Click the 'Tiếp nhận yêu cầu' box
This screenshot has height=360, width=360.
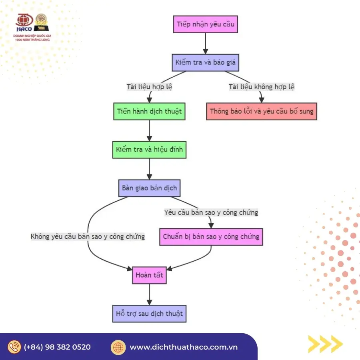[x=206, y=24]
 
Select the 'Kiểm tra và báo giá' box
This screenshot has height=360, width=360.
[x=206, y=62]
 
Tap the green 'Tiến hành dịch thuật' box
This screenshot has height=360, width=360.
[x=149, y=111]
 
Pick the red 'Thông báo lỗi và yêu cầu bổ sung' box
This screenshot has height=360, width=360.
[x=262, y=111]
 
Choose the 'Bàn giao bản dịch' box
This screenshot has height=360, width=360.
[x=149, y=188]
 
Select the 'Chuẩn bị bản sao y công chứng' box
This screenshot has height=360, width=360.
[x=211, y=236]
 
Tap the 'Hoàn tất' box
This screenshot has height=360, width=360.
[x=149, y=275]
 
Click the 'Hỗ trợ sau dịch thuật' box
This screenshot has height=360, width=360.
[x=149, y=313]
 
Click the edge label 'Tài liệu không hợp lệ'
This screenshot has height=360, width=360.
[x=262, y=87]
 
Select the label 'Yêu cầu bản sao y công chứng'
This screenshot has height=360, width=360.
[x=211, y=212]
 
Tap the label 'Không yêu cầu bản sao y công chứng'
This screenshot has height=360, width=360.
[x=88, y=236]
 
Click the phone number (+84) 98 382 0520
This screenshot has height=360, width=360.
[x=57, y=347]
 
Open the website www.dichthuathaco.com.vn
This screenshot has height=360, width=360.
[x=184, y=347]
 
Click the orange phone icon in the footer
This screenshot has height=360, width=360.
[x=14, y=347]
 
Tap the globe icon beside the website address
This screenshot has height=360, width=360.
[x=118, y=347]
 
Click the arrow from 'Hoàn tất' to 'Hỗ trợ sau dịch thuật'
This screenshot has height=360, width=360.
[x=149, y=294]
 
